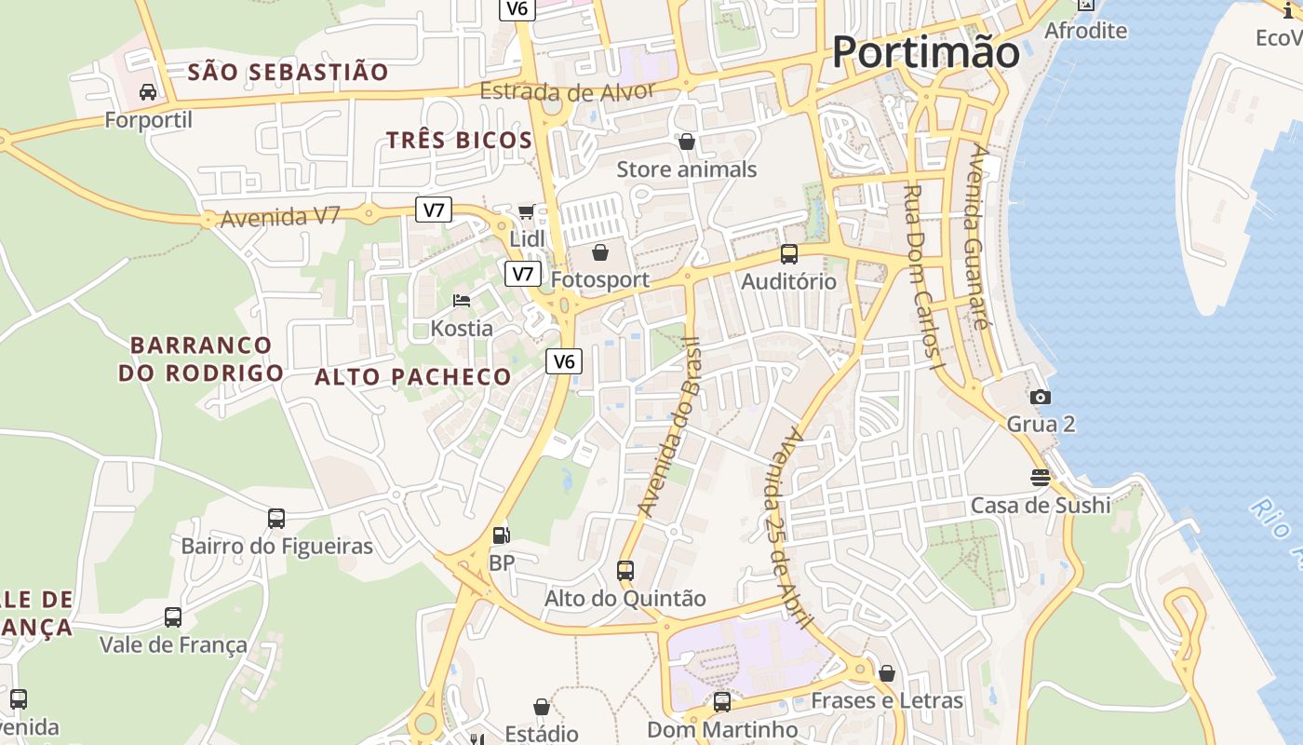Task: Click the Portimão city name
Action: point(925,51)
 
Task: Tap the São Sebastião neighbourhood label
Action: point(288,72)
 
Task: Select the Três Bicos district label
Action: point(459,141)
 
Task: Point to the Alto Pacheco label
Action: point(413,377)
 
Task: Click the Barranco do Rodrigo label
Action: point(200,359)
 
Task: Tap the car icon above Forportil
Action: point(148,91)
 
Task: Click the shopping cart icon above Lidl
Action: point(527,212)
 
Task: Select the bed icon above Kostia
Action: point(461,301)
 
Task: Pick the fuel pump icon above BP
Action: point(501,535)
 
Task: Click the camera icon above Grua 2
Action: point(1041,398)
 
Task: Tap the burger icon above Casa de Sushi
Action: point(1040,478)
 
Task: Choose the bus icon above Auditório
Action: point(788,253)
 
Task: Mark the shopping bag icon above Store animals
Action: point(687,142)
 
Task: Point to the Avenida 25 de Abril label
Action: point(786,527)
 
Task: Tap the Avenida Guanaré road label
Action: point(978,237)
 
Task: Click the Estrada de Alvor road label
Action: point(569,91)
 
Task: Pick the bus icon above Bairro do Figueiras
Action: point(276,519)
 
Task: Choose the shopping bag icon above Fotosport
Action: point(600,252)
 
